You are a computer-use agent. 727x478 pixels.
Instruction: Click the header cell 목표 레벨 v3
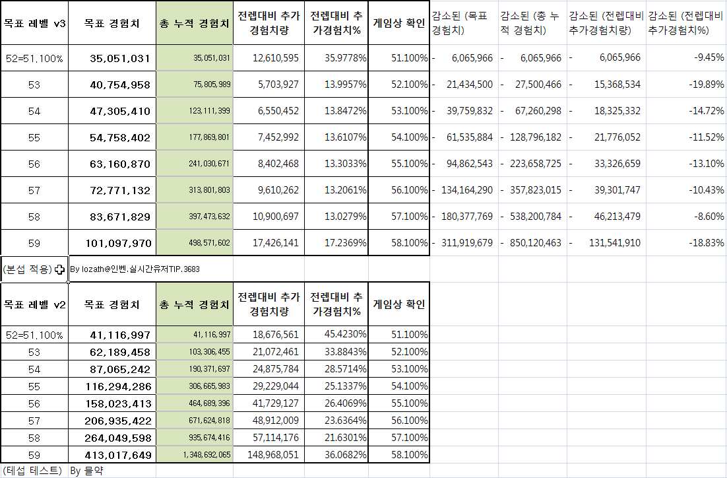34,23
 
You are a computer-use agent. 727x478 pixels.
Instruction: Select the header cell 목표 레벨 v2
34,304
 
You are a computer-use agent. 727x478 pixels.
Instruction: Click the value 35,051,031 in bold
120,58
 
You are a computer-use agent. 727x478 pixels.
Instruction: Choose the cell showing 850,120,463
535,243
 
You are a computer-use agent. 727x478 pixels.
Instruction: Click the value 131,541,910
613,243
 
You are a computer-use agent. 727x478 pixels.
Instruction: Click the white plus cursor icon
60,269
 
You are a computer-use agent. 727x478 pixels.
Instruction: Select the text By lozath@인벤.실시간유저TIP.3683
135,269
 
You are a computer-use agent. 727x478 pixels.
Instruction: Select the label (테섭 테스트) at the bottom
32,471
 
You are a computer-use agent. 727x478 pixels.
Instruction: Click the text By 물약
87,471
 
